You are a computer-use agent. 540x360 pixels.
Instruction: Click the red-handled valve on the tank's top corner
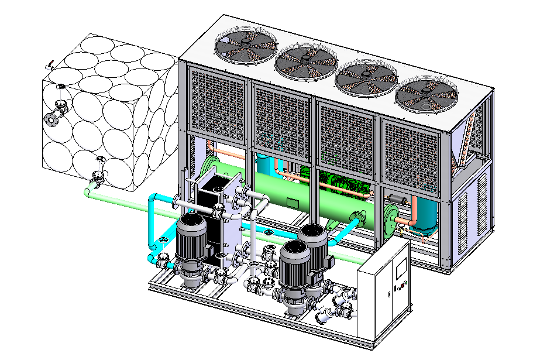[52, 64]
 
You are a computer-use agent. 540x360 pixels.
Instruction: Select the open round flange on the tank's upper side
[51, 119]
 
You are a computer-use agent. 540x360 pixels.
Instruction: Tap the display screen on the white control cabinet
[400, 269]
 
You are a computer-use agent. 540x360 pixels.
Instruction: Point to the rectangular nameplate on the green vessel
[292, 203]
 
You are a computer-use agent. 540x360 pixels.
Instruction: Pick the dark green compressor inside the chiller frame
[345, 183]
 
